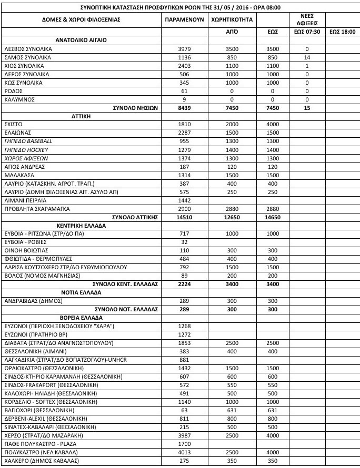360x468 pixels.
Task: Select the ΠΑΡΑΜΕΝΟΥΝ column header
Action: pyautogui.click(x=181, y=19)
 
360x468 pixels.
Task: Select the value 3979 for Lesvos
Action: pyautogui.click(x=181, y=49)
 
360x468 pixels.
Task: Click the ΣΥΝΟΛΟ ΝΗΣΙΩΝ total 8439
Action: pyautogui.click(x=181, y=108)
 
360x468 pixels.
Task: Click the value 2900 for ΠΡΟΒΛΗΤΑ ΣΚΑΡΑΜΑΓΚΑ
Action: pyautogui.click(x=181, y=209)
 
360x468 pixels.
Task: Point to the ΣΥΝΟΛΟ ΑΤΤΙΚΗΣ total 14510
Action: pyautogui.click(x=181, y=218)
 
